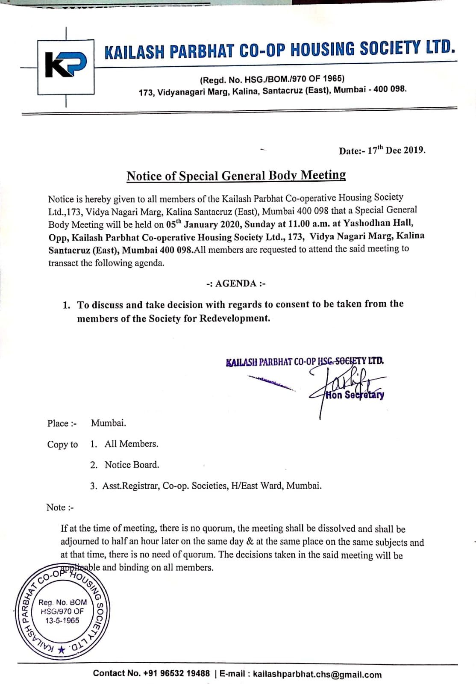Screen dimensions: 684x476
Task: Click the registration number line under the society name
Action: [272, 80]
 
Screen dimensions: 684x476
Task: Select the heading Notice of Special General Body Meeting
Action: [236, 176]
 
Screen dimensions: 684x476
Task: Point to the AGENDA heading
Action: [236, 283]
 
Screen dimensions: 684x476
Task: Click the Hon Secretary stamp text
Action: [354, 395]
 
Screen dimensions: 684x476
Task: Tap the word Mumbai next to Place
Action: [109, 423]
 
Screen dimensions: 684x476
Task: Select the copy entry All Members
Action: [131, 444]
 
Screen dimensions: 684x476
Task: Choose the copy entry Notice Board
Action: [132, 465]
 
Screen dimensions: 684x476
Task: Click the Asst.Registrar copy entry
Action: [212, 486]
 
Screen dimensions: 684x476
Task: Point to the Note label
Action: [60, 507]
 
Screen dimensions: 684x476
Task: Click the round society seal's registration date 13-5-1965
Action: [62, 620]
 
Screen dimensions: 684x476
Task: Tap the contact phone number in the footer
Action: [176, 673]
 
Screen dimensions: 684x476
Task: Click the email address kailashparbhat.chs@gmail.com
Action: [317, 675]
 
